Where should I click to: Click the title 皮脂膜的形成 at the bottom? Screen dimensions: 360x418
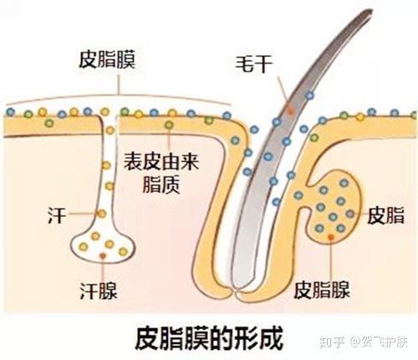click(x=209, y=337)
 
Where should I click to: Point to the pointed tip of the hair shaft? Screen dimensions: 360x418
click(x=370, y=11)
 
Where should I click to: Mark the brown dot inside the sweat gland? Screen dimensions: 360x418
click(x=103, y=252)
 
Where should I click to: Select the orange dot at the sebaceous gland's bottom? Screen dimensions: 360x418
click(x=333, y=238)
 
